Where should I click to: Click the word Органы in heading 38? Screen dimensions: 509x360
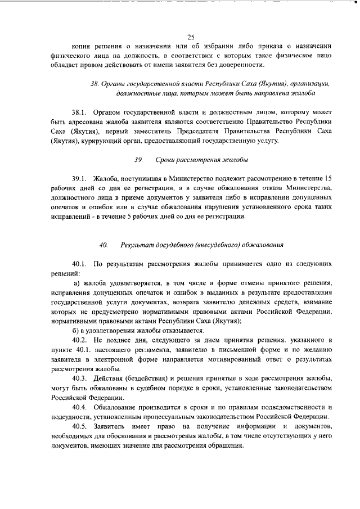click(114, 83)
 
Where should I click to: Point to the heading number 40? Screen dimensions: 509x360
click(102, 245)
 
